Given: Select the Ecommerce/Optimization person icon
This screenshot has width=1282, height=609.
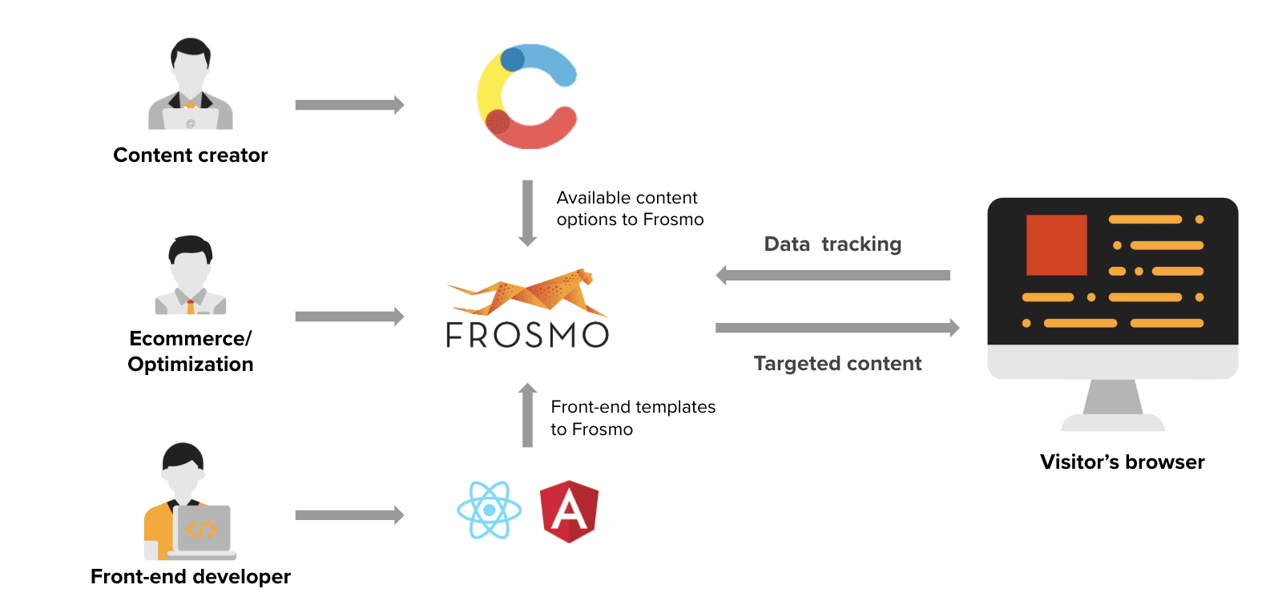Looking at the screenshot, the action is [191, 276].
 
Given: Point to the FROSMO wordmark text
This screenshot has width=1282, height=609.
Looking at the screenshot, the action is [527, 334].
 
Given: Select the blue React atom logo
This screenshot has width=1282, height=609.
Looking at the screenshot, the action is [490, 510].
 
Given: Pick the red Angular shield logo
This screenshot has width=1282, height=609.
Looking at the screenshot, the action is [570, 511].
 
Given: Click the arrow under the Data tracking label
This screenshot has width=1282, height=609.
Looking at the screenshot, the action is [832, 276].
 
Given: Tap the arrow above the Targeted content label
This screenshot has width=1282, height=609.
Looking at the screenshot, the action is [837, 328].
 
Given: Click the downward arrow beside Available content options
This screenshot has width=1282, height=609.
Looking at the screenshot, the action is [528, 213].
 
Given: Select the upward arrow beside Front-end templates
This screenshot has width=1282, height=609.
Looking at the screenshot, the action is [528, 415].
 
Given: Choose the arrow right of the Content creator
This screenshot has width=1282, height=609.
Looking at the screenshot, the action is [349, 105].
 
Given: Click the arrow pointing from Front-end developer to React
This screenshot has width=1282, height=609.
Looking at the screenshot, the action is [349, 515].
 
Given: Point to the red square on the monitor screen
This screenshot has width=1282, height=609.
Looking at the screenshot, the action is [1057, 245].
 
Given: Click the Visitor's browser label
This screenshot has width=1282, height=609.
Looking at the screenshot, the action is [1123, 462].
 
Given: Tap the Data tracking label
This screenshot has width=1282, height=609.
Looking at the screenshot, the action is [832, 244].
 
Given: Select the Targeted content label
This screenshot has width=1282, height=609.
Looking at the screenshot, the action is [837, 364].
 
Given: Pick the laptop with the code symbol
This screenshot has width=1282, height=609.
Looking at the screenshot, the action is [204, 532].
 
